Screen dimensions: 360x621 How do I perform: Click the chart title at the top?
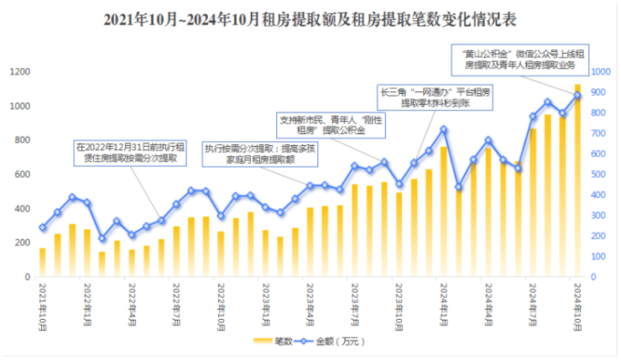click(310, 19)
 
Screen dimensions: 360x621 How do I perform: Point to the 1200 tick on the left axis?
click(19, 72)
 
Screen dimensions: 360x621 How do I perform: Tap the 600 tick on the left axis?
click(22, 175)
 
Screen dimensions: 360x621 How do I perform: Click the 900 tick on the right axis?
click(600, 72)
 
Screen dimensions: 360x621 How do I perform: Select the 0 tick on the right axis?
click(594, 277)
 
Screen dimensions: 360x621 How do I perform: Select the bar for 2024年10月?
click(577, 180)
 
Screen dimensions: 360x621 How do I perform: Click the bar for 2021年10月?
click(43, 262)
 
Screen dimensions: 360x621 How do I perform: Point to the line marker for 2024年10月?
click(577, 95)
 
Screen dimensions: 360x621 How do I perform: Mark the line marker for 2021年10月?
click(43, 227)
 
